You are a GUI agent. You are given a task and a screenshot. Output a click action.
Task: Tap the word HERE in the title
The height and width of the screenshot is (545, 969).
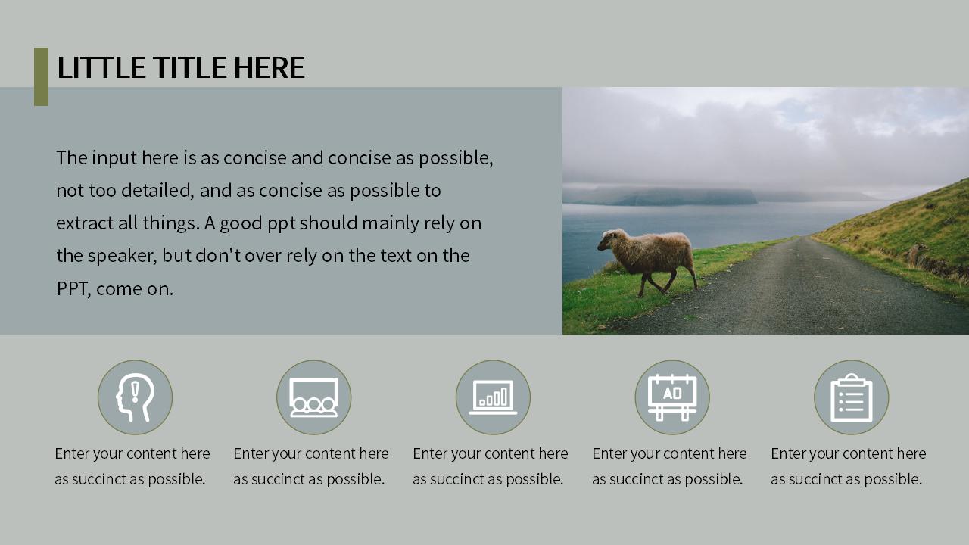(x=269, y=67)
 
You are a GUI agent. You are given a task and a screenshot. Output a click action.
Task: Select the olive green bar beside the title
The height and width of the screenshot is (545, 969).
(x=41, y=76)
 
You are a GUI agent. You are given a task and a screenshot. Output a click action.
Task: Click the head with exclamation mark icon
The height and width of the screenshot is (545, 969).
(x=135, y=397)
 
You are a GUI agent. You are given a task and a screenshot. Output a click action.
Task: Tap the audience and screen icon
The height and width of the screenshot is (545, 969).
(x=314, y=397)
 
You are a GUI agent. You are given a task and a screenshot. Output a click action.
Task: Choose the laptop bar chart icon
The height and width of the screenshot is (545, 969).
(x=493, y=397)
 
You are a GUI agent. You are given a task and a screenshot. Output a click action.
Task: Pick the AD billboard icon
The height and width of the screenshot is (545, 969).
(x=672, y=397)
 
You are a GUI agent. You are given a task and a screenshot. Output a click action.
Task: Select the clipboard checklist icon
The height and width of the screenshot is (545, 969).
(x=852, y=397)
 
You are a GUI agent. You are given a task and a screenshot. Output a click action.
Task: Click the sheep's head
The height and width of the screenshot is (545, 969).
(x=608, y=241)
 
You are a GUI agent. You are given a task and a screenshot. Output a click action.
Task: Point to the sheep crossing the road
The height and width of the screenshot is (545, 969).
(x=647, y=261)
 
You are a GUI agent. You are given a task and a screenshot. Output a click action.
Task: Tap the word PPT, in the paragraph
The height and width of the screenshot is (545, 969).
(x=73, y=289)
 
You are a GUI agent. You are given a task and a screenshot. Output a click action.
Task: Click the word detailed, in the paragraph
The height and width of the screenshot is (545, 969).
(x=157, y=191)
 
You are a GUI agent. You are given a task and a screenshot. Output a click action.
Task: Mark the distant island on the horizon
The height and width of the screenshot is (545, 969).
(x=662, y=196)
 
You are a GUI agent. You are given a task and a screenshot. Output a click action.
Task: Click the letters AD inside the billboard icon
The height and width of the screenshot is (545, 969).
(x=672, y=393)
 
